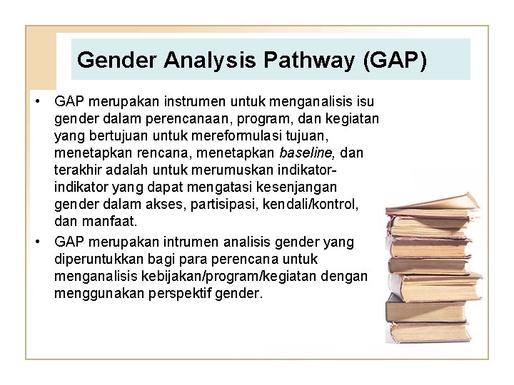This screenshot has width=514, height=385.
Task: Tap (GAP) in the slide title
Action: (395, 60)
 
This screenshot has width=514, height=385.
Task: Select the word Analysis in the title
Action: (211, 60)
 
